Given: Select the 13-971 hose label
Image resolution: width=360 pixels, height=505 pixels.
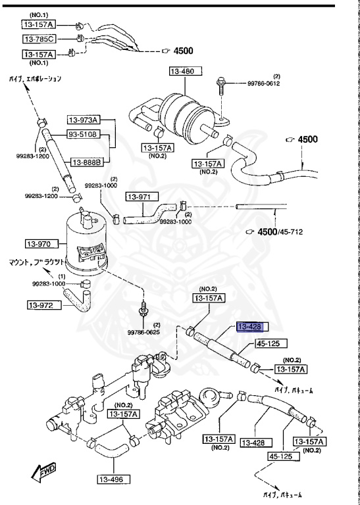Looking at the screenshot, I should [x=140, y=197].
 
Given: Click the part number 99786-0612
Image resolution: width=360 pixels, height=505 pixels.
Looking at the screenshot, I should [x=264, y=84].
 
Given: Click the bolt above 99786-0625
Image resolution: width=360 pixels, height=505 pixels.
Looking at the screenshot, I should [x=141, y=307].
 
